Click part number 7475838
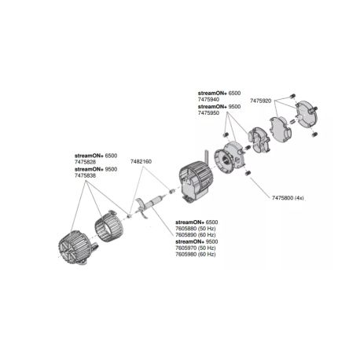86,177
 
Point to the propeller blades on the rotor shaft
142,206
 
